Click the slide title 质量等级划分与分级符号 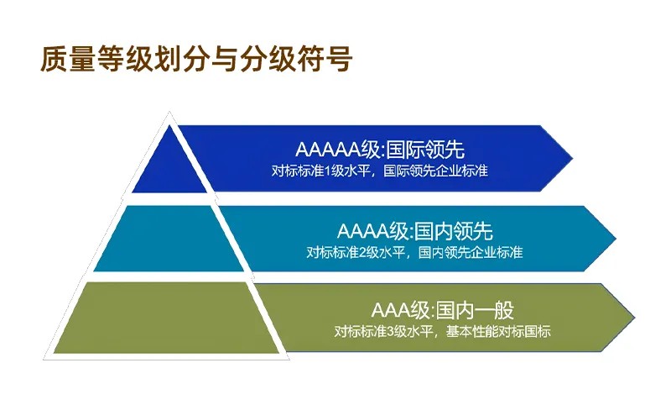pyautogui.click(x=195, y=60)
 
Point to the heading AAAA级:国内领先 pyautogui.click(x=414, y=230)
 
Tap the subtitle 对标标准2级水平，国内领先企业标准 pyautogui.click(x=414, y=251)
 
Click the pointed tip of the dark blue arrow pyautogui.click(x=572, y=159)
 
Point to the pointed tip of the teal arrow pyautogui.click(x=615, y=239)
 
